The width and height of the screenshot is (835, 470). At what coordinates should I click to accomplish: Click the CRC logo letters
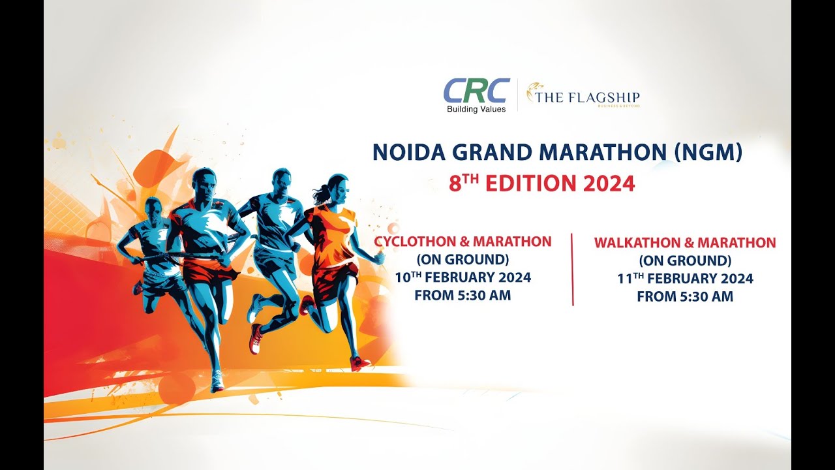[x=476, y=91]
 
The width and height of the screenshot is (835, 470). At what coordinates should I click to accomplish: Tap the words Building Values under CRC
[x=476, y=109]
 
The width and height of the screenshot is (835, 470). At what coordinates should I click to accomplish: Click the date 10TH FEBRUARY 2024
[x=463, y=277]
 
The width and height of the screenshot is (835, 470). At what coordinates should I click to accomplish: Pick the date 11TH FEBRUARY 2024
[x=685, y=279]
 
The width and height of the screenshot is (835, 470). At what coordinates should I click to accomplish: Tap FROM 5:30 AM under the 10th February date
[x=463, y=295]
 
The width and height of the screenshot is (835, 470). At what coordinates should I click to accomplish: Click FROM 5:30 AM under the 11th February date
[x=685, y=296]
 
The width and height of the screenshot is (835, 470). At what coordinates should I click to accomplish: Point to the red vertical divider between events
[x=572, y=269]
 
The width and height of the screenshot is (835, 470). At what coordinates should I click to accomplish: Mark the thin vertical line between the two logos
[x=517, y=95]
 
